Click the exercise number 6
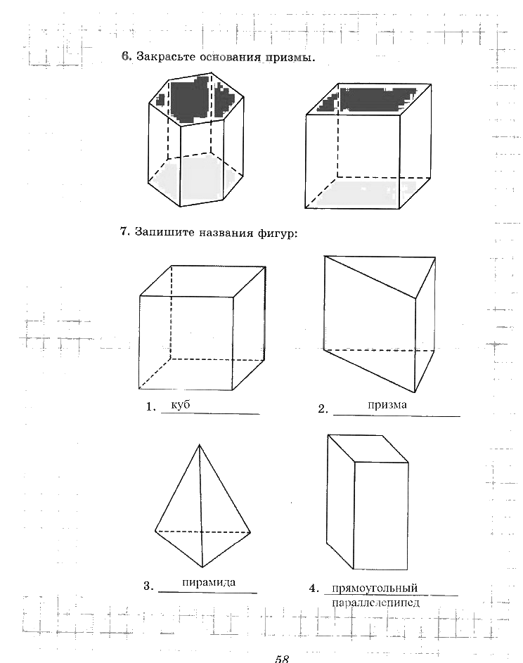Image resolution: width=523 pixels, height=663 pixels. (x=126, y=57)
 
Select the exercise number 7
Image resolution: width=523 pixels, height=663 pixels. (x=124, y=231)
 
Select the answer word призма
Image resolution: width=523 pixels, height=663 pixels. (x=387, y=405)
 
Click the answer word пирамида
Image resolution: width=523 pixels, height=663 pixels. (x=208, y=583)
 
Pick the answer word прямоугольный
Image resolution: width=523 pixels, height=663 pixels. (x=375, y=588)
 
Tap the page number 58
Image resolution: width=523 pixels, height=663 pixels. (x=282, y=658)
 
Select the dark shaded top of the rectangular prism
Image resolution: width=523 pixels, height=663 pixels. (x=366, y=99)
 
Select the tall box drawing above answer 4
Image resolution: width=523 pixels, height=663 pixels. (x=368, y=501)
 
